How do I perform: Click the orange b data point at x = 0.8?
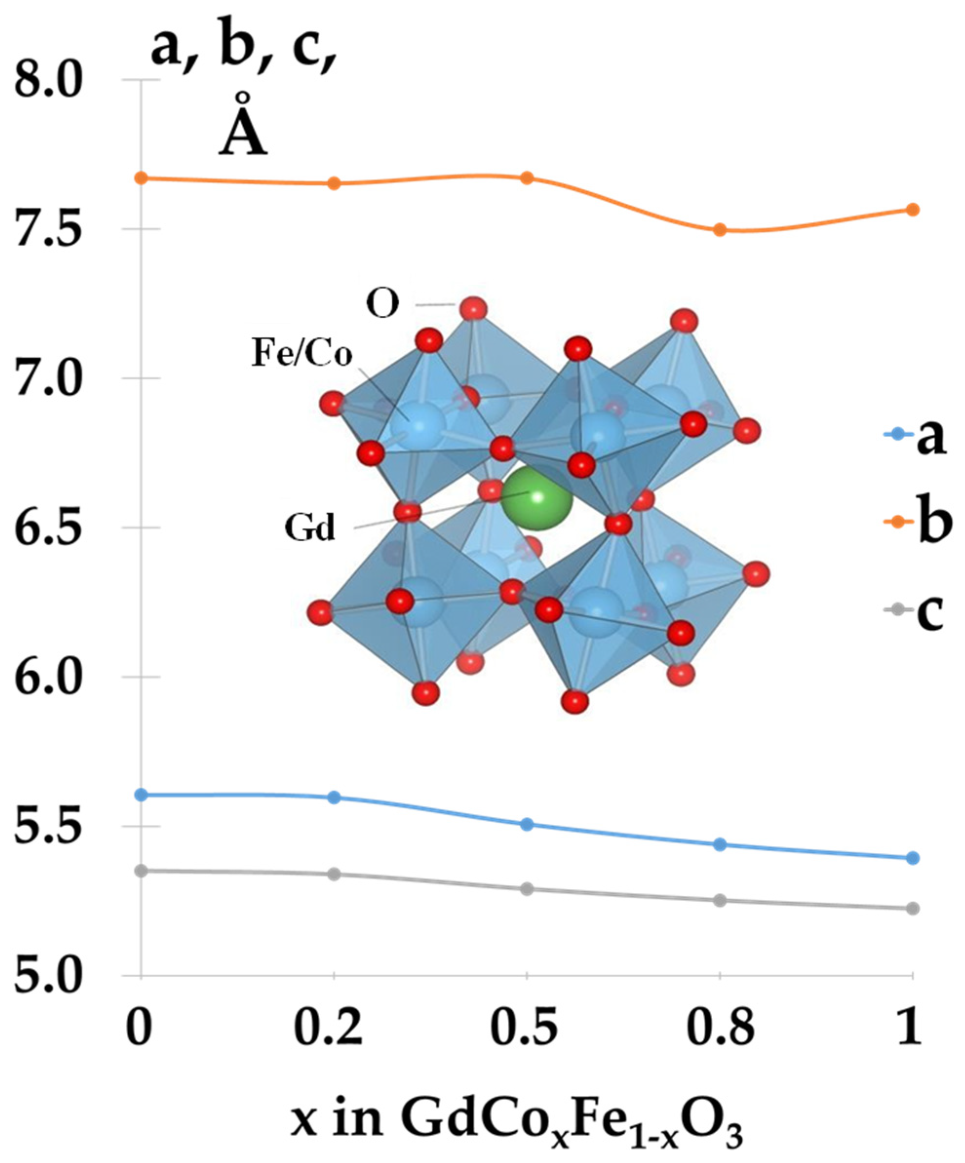coord(719,229)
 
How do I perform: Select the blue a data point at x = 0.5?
coord(527,824)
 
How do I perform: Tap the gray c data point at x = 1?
coord(912,908)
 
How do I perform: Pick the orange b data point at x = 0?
coord(142,178)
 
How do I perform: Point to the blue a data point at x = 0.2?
coord(334,797)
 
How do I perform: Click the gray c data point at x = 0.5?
coord(527,889)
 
